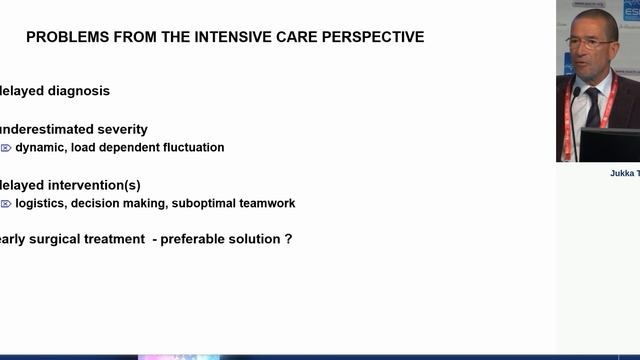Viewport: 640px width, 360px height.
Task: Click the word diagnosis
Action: [x=76, y=91]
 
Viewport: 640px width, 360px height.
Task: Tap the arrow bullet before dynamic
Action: [x=6, y=148]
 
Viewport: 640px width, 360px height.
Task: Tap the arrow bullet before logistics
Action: [x=6, y=204]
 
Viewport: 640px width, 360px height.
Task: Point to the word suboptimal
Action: [x=202, y=203]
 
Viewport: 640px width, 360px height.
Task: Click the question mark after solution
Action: [x=289, y=239]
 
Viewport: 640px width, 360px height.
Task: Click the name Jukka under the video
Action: [x=623, y=173]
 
